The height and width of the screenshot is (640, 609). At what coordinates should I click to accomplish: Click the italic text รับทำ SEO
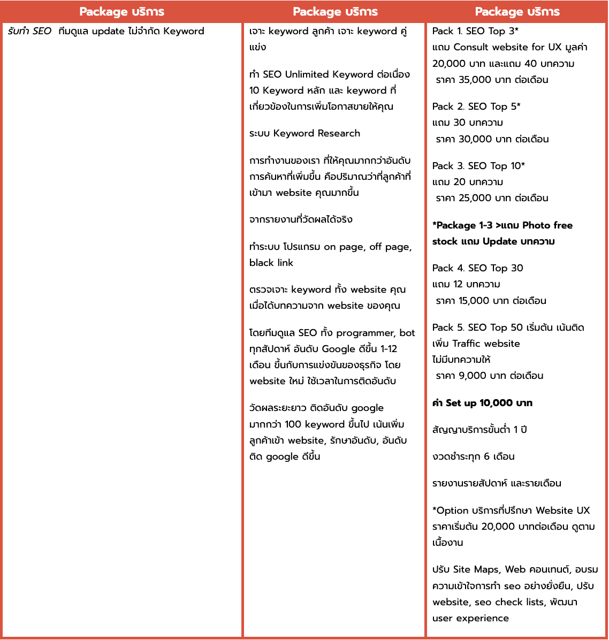tap(30, 31)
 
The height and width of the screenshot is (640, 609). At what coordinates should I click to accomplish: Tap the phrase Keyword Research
tap(317, 133)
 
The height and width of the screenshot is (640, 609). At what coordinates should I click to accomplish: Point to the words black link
tap(271, 263)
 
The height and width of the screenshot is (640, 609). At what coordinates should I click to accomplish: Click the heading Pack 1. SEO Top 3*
tap(475, 31)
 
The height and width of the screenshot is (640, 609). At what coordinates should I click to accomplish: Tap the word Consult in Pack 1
tap(471, 47)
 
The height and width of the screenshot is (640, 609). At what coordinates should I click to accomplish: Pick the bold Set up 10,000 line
tap(482, 403)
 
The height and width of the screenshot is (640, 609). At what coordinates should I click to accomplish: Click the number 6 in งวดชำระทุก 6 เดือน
tap(486, 456)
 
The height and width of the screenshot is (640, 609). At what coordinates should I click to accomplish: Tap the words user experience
tap(470, 618)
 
